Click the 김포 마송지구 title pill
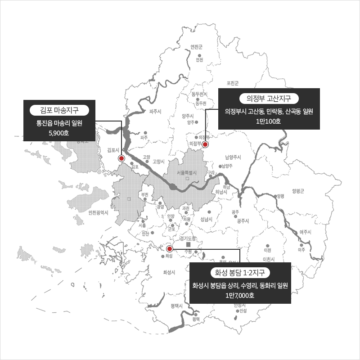tap(59, 110)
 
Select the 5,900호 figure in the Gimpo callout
tap(59, 133)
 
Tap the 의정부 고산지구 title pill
tap(269, 99)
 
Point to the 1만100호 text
tap(269, 121)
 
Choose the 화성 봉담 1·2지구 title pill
tap(240, 273)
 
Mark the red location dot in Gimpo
tap(121, 158)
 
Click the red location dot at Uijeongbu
tap(205, 144)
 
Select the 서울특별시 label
tap(188, 172)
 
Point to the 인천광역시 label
tap(99, 212)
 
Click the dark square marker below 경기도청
tap(188, 244)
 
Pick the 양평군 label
tap(298, 191)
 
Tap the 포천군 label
tap(233, 83)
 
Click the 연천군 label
tap(197, 47)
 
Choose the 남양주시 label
tap(233, 157)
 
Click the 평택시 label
tap(179, 306)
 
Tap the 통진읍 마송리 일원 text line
tap(59, 122)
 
